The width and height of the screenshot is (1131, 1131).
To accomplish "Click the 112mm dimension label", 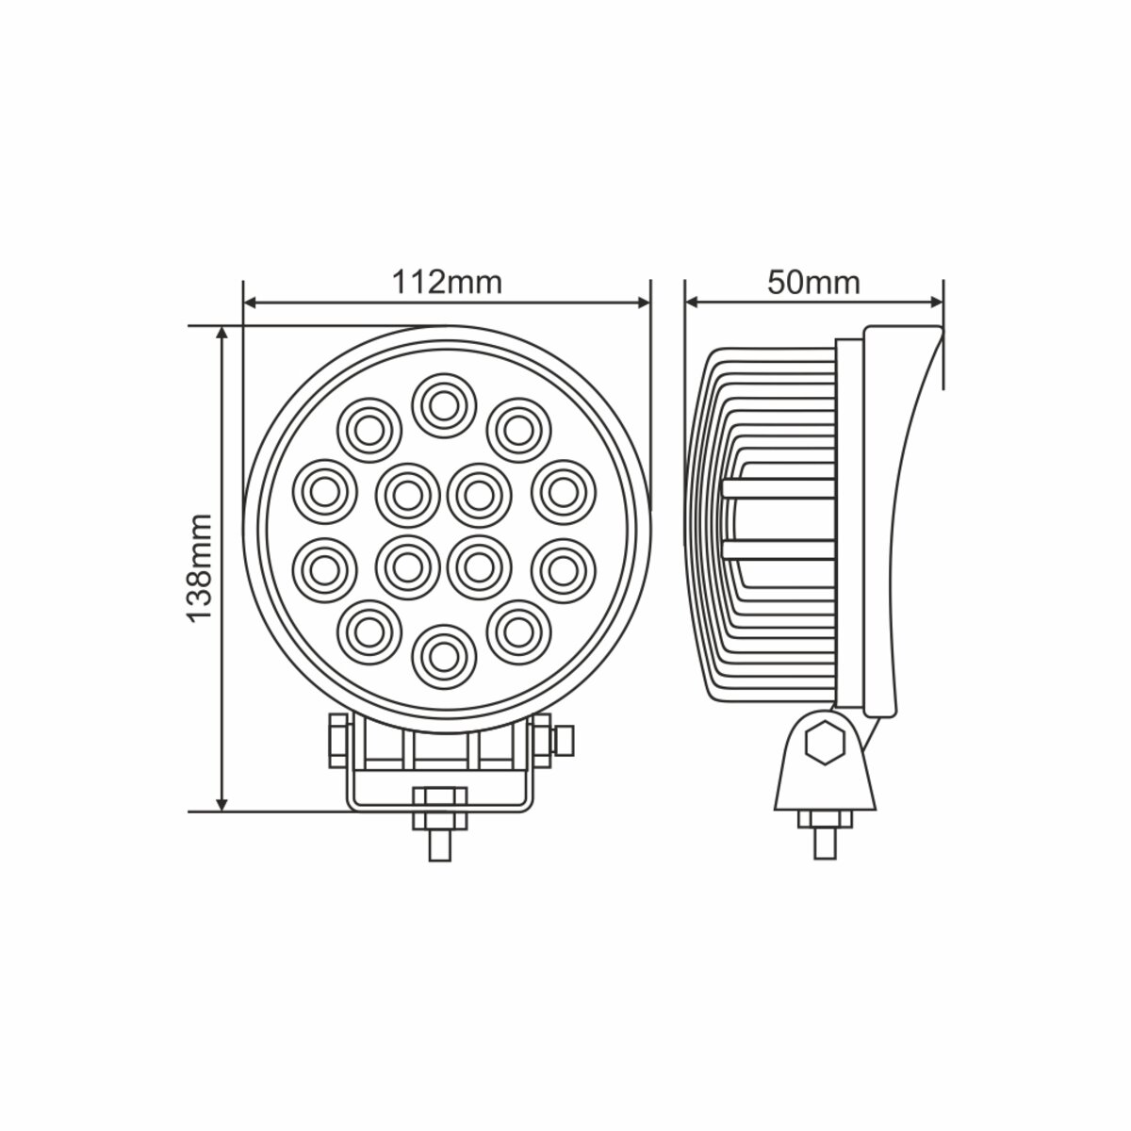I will [x=447, y=281].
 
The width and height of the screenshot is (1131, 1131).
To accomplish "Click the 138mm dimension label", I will [x=197, y=567].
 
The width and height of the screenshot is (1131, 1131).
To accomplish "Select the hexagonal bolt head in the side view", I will [x=826, y=744].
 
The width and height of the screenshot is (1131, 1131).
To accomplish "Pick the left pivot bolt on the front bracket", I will [x=336, y=740].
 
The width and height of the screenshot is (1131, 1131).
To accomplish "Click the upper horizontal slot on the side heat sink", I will [x=779, y=487].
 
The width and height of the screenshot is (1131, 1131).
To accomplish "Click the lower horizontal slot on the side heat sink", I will [x=779, y=550].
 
